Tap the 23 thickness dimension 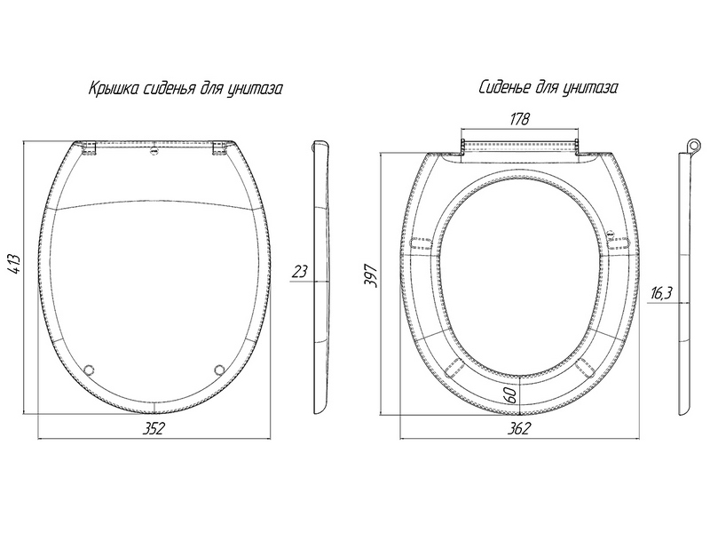[x=300, y=272]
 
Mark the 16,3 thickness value [x=660, y=294]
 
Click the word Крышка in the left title [x=110, y=89]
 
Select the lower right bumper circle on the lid [x=219, y=369]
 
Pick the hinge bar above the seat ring [x=521, y=143]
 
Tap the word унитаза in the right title [x=590, y=89]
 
